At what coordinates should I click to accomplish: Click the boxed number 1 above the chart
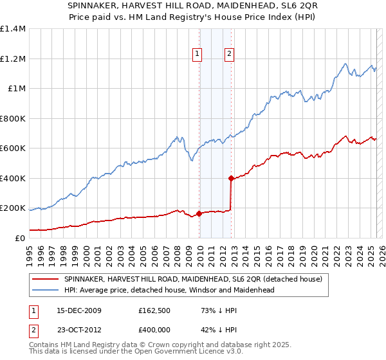[196, 55]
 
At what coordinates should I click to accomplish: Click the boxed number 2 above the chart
[229, 55]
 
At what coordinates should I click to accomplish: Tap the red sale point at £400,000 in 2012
[231, 178]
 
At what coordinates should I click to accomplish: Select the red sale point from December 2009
[199, 213]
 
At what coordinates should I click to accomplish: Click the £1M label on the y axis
[17, 89]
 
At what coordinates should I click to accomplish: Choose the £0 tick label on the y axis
[21, 238]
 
